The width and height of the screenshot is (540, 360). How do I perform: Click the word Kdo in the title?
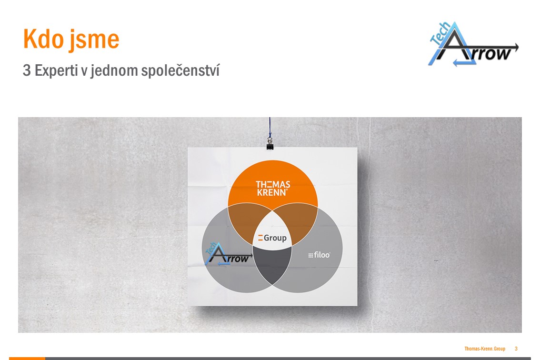pos(43,39)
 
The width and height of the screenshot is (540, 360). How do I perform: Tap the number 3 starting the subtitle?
pos(27,70)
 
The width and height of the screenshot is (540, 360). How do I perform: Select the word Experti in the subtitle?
pos(56,70)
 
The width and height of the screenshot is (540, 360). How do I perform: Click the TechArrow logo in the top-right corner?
pos(473,44)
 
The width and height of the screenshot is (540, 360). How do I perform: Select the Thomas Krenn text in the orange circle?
pos(273,189)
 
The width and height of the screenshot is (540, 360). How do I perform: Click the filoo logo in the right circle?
pos(319,255)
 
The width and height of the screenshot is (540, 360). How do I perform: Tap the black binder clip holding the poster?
pos(270,144)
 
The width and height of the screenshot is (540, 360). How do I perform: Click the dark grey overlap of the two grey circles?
pos(272,263)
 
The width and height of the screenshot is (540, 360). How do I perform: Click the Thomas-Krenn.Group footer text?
pos(485,349)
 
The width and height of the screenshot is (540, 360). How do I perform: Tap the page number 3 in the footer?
pos(516,349)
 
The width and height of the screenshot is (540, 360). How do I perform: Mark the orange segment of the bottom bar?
pos(27,359)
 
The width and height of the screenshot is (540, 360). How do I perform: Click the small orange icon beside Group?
pos(260,238)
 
